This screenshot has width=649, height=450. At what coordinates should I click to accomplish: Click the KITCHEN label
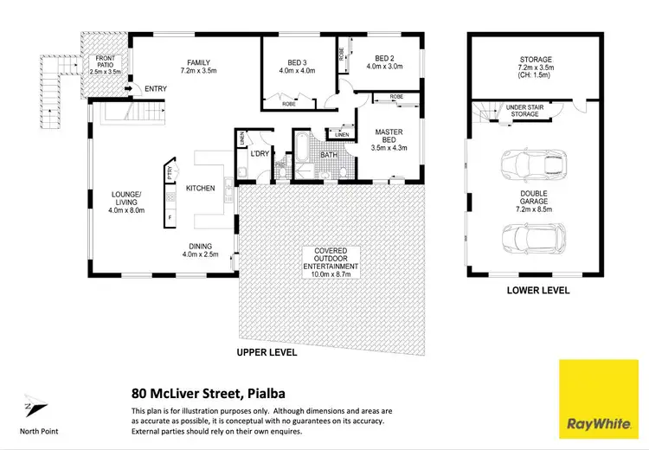click(201, 188)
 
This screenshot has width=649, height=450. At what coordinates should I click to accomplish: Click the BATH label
click(328, 156)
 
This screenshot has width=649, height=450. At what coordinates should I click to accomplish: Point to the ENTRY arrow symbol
click(128, 87)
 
